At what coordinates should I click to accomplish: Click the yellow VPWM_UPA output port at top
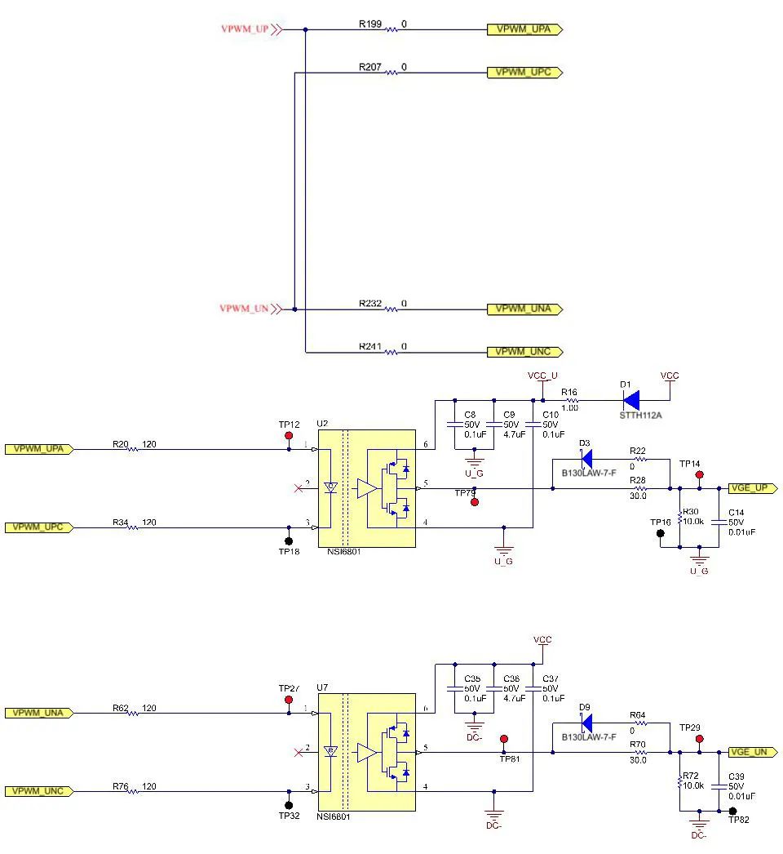tap(524, 29)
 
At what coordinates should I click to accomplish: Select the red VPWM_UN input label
tap(244, 309)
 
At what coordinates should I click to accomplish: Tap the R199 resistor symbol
tap(391, 30)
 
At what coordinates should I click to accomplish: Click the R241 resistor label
tap(370, 346)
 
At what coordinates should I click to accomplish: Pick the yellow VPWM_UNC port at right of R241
tap(524, 353)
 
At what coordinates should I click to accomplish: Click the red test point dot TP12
tap(289, 436)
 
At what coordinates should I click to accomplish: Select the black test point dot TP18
tap(289, 540)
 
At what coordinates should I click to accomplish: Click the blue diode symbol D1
tap(631, 400)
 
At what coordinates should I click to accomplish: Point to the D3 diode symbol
tap(586, 460)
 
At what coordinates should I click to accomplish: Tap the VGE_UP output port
tap(753, 488)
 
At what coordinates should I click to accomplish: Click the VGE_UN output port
tap(753, 753)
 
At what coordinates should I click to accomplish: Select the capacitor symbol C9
tap(494, 425)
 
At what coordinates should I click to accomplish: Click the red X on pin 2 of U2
tap(299, 488)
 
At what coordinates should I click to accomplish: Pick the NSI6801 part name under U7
tap(333, 816)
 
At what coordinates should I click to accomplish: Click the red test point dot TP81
tap(504, 739)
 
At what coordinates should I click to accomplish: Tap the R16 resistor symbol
tap(569, 400)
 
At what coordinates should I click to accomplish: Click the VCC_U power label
tap(542, 376)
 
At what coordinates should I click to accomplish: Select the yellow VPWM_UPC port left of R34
tap(39, 527)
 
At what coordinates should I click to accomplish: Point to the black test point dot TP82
tap(733, 811)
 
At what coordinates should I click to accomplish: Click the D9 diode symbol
tap(586, 723)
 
